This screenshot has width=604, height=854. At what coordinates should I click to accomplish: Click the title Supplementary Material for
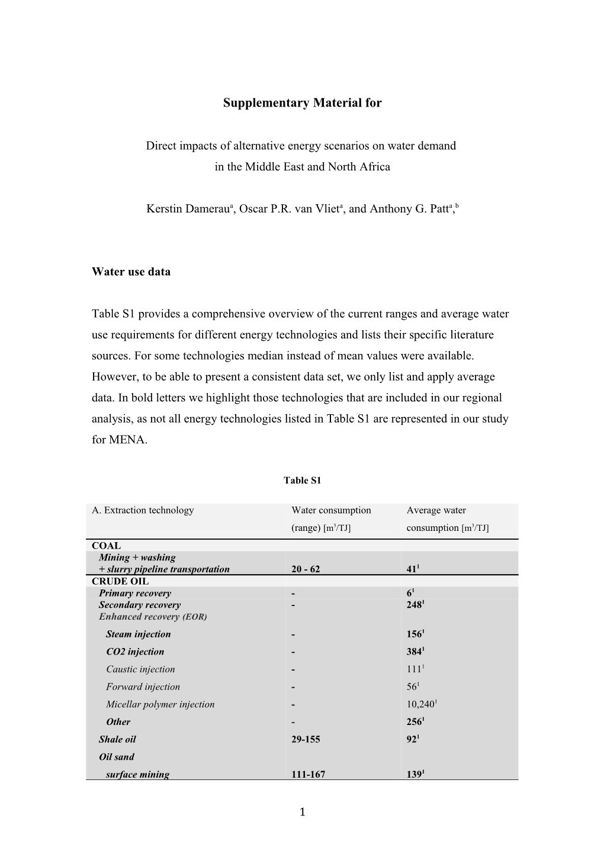[x=302, y=103]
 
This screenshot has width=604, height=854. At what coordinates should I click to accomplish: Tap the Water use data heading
[x=131, y=272]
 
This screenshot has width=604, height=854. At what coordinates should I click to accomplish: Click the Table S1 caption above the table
[x=302, y=480]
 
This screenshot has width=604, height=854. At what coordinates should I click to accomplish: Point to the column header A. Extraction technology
[x=143, y=510]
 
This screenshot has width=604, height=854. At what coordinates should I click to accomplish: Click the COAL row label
[x=107, y=546]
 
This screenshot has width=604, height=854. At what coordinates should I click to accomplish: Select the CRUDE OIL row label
[x=120, y=581]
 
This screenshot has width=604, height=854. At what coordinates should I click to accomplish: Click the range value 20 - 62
[x=306, y=569]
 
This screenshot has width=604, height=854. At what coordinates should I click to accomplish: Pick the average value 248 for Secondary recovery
[x=414, y=605]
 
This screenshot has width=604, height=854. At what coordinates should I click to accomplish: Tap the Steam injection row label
[x=138, y=634]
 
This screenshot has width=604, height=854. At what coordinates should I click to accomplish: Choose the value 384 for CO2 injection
[x=414, y=652]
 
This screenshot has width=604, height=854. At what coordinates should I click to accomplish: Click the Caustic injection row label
[x=140, y=669]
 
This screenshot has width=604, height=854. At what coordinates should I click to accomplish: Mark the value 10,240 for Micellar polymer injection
[x=421, y=704]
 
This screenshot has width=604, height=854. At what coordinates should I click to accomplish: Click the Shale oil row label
[x=117, y=739]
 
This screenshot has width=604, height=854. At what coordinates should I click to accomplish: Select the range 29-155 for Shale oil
[x=306, y=739]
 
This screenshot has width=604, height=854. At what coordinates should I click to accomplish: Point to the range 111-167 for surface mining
[x=308, y=774]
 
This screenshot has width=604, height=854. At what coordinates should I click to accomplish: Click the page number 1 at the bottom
[x=302, y=813]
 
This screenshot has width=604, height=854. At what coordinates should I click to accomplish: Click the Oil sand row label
[x=117, y=757]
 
